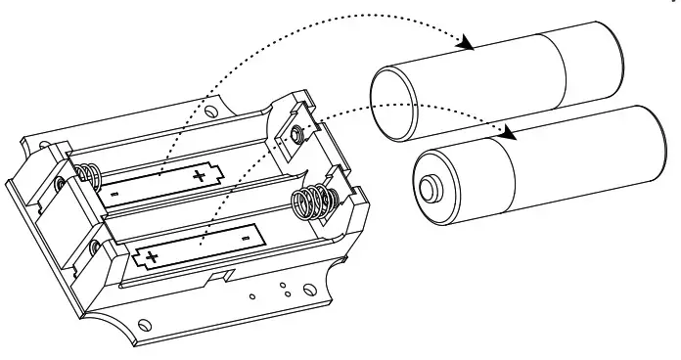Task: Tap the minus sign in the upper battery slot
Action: [116, 195]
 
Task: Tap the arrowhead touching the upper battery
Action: [467, 44]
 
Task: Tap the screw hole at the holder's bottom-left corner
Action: [144, 324]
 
